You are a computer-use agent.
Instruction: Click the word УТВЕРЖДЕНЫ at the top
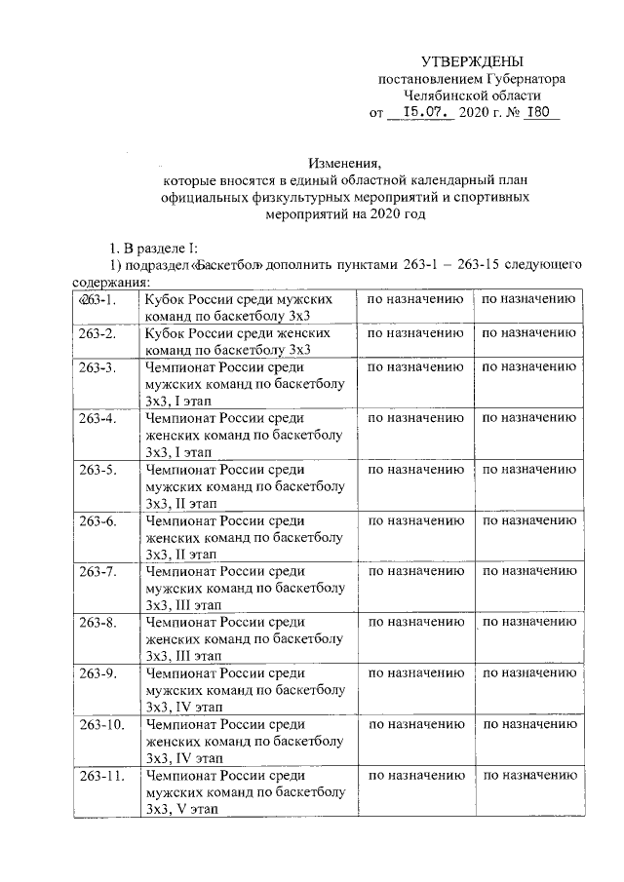pos(471,60)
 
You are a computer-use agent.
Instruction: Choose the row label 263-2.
pos(97,334)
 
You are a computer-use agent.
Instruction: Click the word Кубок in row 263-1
pos(164,299)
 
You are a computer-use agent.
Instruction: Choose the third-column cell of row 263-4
pos(414,418)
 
